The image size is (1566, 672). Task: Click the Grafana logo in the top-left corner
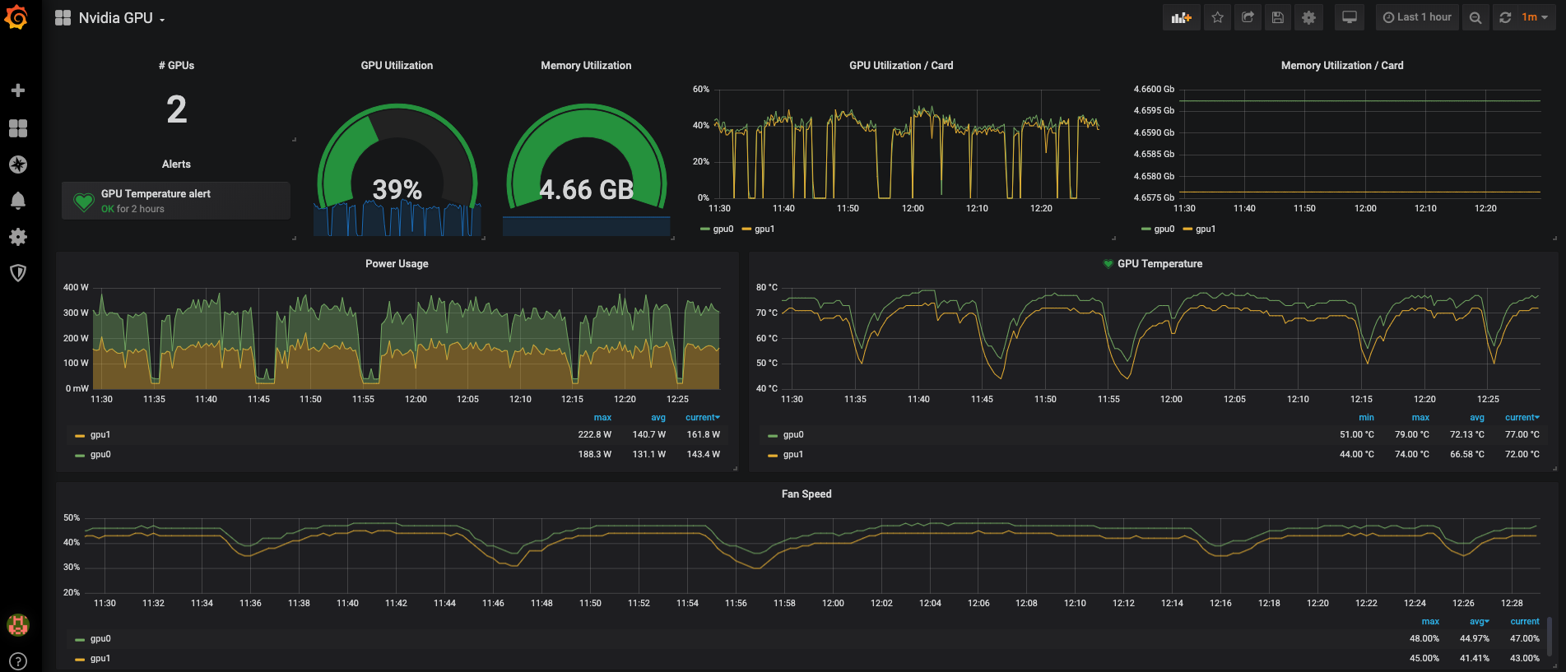(16, 17)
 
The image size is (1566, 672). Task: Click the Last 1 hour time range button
(1417, 17)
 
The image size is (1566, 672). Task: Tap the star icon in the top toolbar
(1217, 17)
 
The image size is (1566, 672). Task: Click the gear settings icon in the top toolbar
(1308, 17)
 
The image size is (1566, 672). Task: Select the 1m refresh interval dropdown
(1534, 17)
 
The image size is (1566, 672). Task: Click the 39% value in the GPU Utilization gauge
(397, 190)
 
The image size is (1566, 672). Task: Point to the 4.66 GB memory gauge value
(587, 190)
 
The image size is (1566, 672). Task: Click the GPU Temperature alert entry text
(156, 194)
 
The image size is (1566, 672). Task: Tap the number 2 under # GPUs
(177, 109)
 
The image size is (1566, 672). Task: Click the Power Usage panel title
(397, 264)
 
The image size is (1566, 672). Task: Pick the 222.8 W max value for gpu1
(594, 434)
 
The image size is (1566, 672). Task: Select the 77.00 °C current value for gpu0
(1522, 434)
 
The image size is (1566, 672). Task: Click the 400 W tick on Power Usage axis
(76, 287)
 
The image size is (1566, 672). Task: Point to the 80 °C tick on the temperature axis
(767, 287)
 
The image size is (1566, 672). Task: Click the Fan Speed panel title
(806, 494)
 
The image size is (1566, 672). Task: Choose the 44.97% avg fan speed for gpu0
(1475, 638)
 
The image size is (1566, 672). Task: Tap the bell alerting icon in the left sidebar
(17, 201)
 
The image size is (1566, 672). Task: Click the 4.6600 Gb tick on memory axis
(1154, 89)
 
